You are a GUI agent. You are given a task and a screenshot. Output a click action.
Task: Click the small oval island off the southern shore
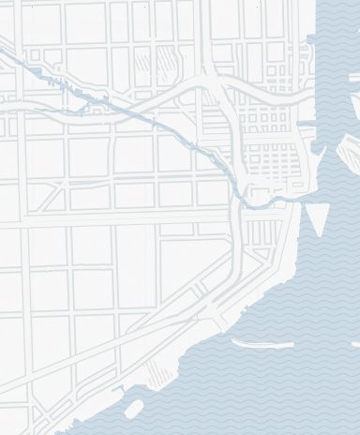tap(134, 408)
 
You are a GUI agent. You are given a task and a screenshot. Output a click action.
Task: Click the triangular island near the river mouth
tap(317, 218)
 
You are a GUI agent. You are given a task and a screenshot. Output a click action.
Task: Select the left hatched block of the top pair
tap(142, 64)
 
